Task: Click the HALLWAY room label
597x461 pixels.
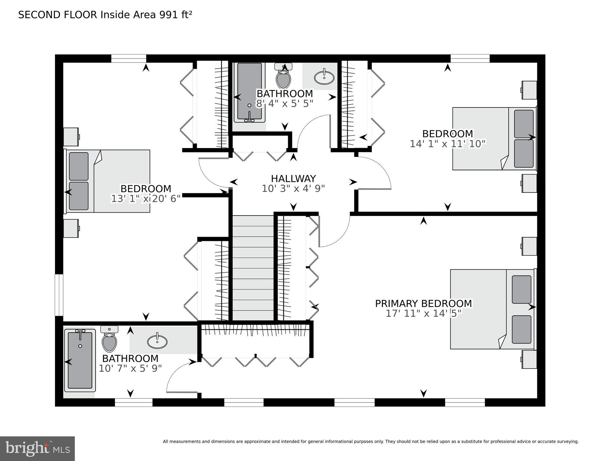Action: pyautogui.click(x=293, y=179)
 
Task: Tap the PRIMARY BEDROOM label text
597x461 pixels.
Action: pyautogui.click(x=423, y=304)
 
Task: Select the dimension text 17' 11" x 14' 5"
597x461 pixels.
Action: pyautogui.click(x=423, y=314)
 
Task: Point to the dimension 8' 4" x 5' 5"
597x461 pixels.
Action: pyautogui.click(x=285, y=104)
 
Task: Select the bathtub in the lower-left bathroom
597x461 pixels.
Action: pyautogui.click(x=80, y=360)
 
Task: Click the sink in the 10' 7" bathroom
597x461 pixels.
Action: pyautogui.click(x=157, y=341)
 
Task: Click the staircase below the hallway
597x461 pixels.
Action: pyautogui.click(x=253, y=268)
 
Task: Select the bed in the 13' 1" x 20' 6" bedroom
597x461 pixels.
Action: pyautogui.click(x=108, y=181)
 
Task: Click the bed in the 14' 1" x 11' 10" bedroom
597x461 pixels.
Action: pyautogui.click(x=495, y=138)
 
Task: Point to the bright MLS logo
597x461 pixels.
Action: pyautogui.click(x=37, y=449)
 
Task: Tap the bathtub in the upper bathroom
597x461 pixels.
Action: pyautogui.click(x=249, y=92)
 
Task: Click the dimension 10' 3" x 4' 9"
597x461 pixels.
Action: pyautogui.click(x=293, y=189)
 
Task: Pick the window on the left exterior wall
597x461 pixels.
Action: pyautogui.click(x=59, y=295)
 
